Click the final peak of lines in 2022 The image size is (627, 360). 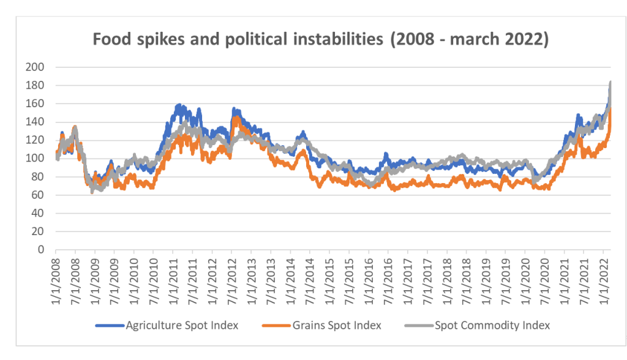(610, 82)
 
